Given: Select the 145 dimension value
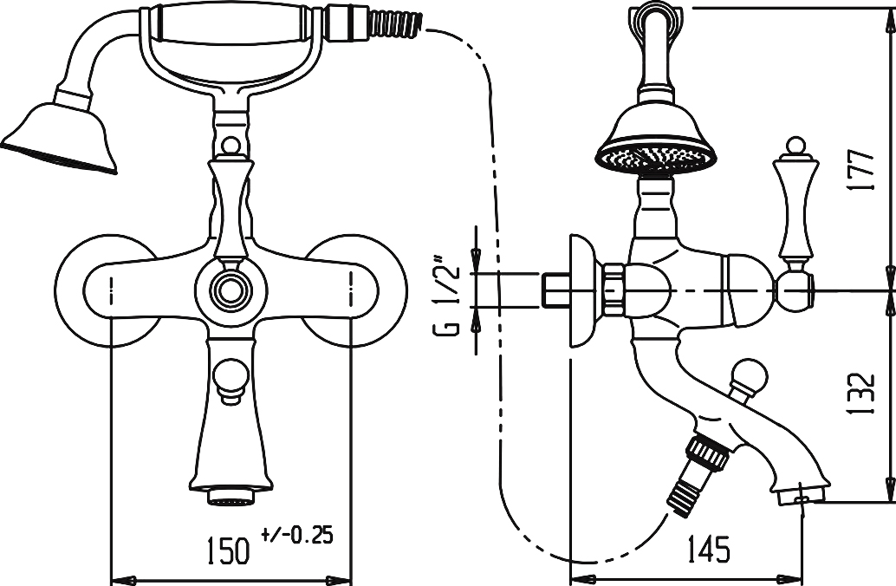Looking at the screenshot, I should coord(707,549).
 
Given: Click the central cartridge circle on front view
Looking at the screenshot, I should coord(230,290).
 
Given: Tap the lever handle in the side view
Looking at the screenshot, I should coord(795,204).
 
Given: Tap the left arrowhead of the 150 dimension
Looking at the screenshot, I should coord(121,579).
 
